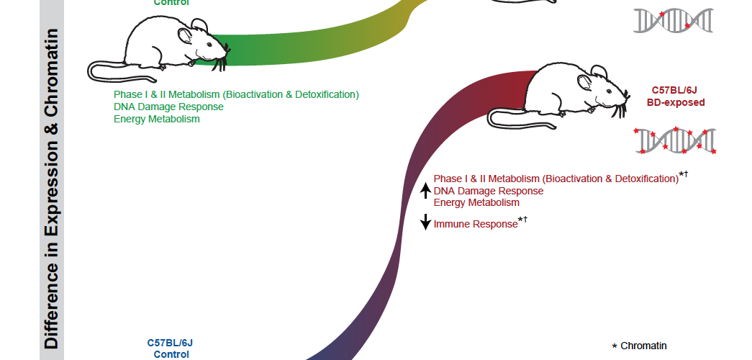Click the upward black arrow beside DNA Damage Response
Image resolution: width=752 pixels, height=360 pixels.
tap(425, 191)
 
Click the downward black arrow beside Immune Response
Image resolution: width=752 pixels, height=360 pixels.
tap(425, 222)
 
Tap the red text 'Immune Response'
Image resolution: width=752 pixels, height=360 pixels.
tap(475, 224)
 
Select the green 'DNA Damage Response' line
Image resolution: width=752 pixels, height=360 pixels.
tap(168, 107)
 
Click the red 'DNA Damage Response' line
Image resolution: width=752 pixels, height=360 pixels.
tap(488, 191)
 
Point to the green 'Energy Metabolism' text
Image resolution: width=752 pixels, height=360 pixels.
tap(156, 119)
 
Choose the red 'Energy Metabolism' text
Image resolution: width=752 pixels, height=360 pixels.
tap(476, 202)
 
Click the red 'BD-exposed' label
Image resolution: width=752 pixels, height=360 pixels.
tap(675, 103)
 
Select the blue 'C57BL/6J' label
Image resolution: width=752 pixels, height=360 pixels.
tap(171, 343)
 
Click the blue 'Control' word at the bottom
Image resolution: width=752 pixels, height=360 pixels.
tap(171, 354)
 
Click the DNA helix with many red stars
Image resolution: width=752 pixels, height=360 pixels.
tap(674, 140)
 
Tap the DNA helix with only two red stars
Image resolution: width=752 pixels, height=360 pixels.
tap(673, 20)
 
